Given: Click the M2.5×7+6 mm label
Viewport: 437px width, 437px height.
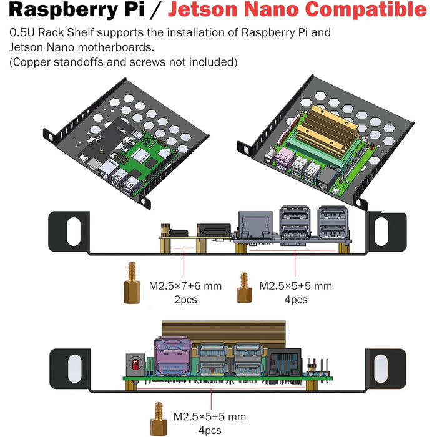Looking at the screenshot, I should tap(185, 287).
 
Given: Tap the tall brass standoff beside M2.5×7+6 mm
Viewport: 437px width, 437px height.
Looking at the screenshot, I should tap(132, 283).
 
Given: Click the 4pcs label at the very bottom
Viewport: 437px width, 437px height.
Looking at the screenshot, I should tap(208, 430).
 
